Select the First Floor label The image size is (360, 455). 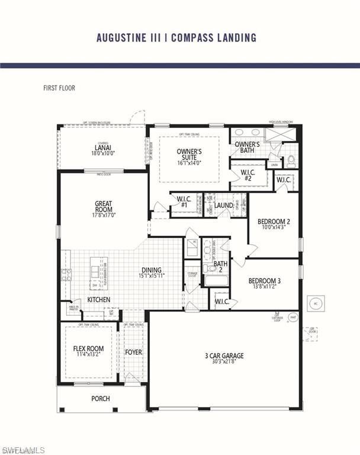(59, 88)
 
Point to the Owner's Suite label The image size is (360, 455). (189, 155)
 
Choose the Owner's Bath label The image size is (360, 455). (247, 147)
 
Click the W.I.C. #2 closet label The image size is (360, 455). (247, 175)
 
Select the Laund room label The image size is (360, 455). (224, 206)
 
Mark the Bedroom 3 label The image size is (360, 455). (264, 280)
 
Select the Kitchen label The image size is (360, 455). (99, 300)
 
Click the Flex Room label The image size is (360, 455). (88, 348)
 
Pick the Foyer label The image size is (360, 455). (133, 352)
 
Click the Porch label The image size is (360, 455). (101, 399)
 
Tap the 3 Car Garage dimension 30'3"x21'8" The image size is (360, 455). (224, 363)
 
